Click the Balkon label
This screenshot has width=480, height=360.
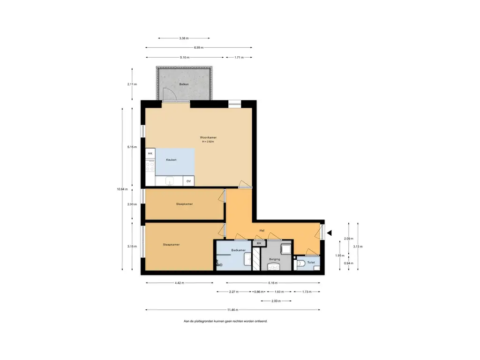click(x=184, y=84)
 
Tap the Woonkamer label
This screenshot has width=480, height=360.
click(x=208, y=137)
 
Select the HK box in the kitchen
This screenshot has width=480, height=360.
click(x=150, y=153)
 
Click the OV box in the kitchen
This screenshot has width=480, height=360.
click(x=188, y=181)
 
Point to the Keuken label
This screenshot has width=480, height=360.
click(x=171, y=160)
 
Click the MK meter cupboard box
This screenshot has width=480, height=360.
click(x=259, y=243)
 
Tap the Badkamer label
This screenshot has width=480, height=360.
click(x=238, y=250)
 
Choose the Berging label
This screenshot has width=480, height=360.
click(x=274, y=259)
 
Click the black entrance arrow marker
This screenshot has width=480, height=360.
click(x=330, y=233)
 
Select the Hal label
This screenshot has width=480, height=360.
click(x=262, y=231)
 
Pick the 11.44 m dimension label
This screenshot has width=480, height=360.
click(x=232, y=310)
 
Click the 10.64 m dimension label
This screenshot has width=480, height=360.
click(x=122, y=189)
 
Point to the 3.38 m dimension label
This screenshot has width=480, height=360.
click(x=184, y=38)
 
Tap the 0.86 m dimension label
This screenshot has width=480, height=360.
click(x=259, y=292)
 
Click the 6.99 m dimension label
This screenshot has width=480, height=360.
click(x=199, y=47)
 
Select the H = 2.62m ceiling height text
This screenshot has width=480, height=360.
click(x=208, y=142)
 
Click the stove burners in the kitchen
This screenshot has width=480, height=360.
click(x=150, y=166)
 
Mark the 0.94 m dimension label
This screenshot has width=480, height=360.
click(x=348, y=263)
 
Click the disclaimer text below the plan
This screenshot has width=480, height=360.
click(x=225, y=321)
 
